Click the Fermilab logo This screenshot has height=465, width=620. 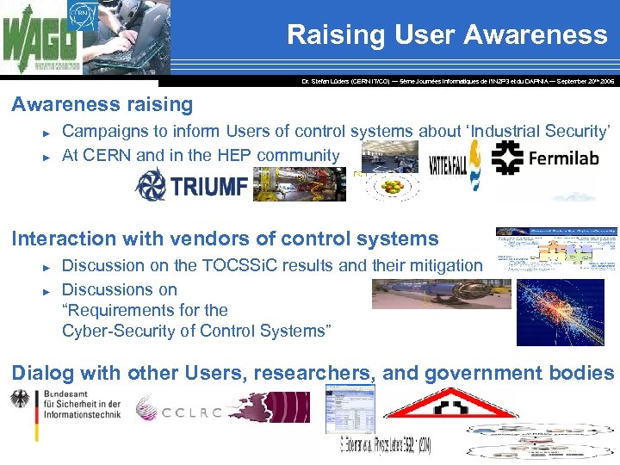pyautogui.click(x=542, y=158)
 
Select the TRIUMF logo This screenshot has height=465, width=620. pyautogui.click(x=191, y=184)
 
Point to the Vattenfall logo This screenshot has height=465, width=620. pyautogui.click(x=443, y=164)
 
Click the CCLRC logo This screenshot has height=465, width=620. pyautogui.click(x=180, y=412)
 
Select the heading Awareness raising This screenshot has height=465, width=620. pyautogui.click(x=102, y=105)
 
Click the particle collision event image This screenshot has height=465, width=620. pyautogui.click(x=560, y=312)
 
